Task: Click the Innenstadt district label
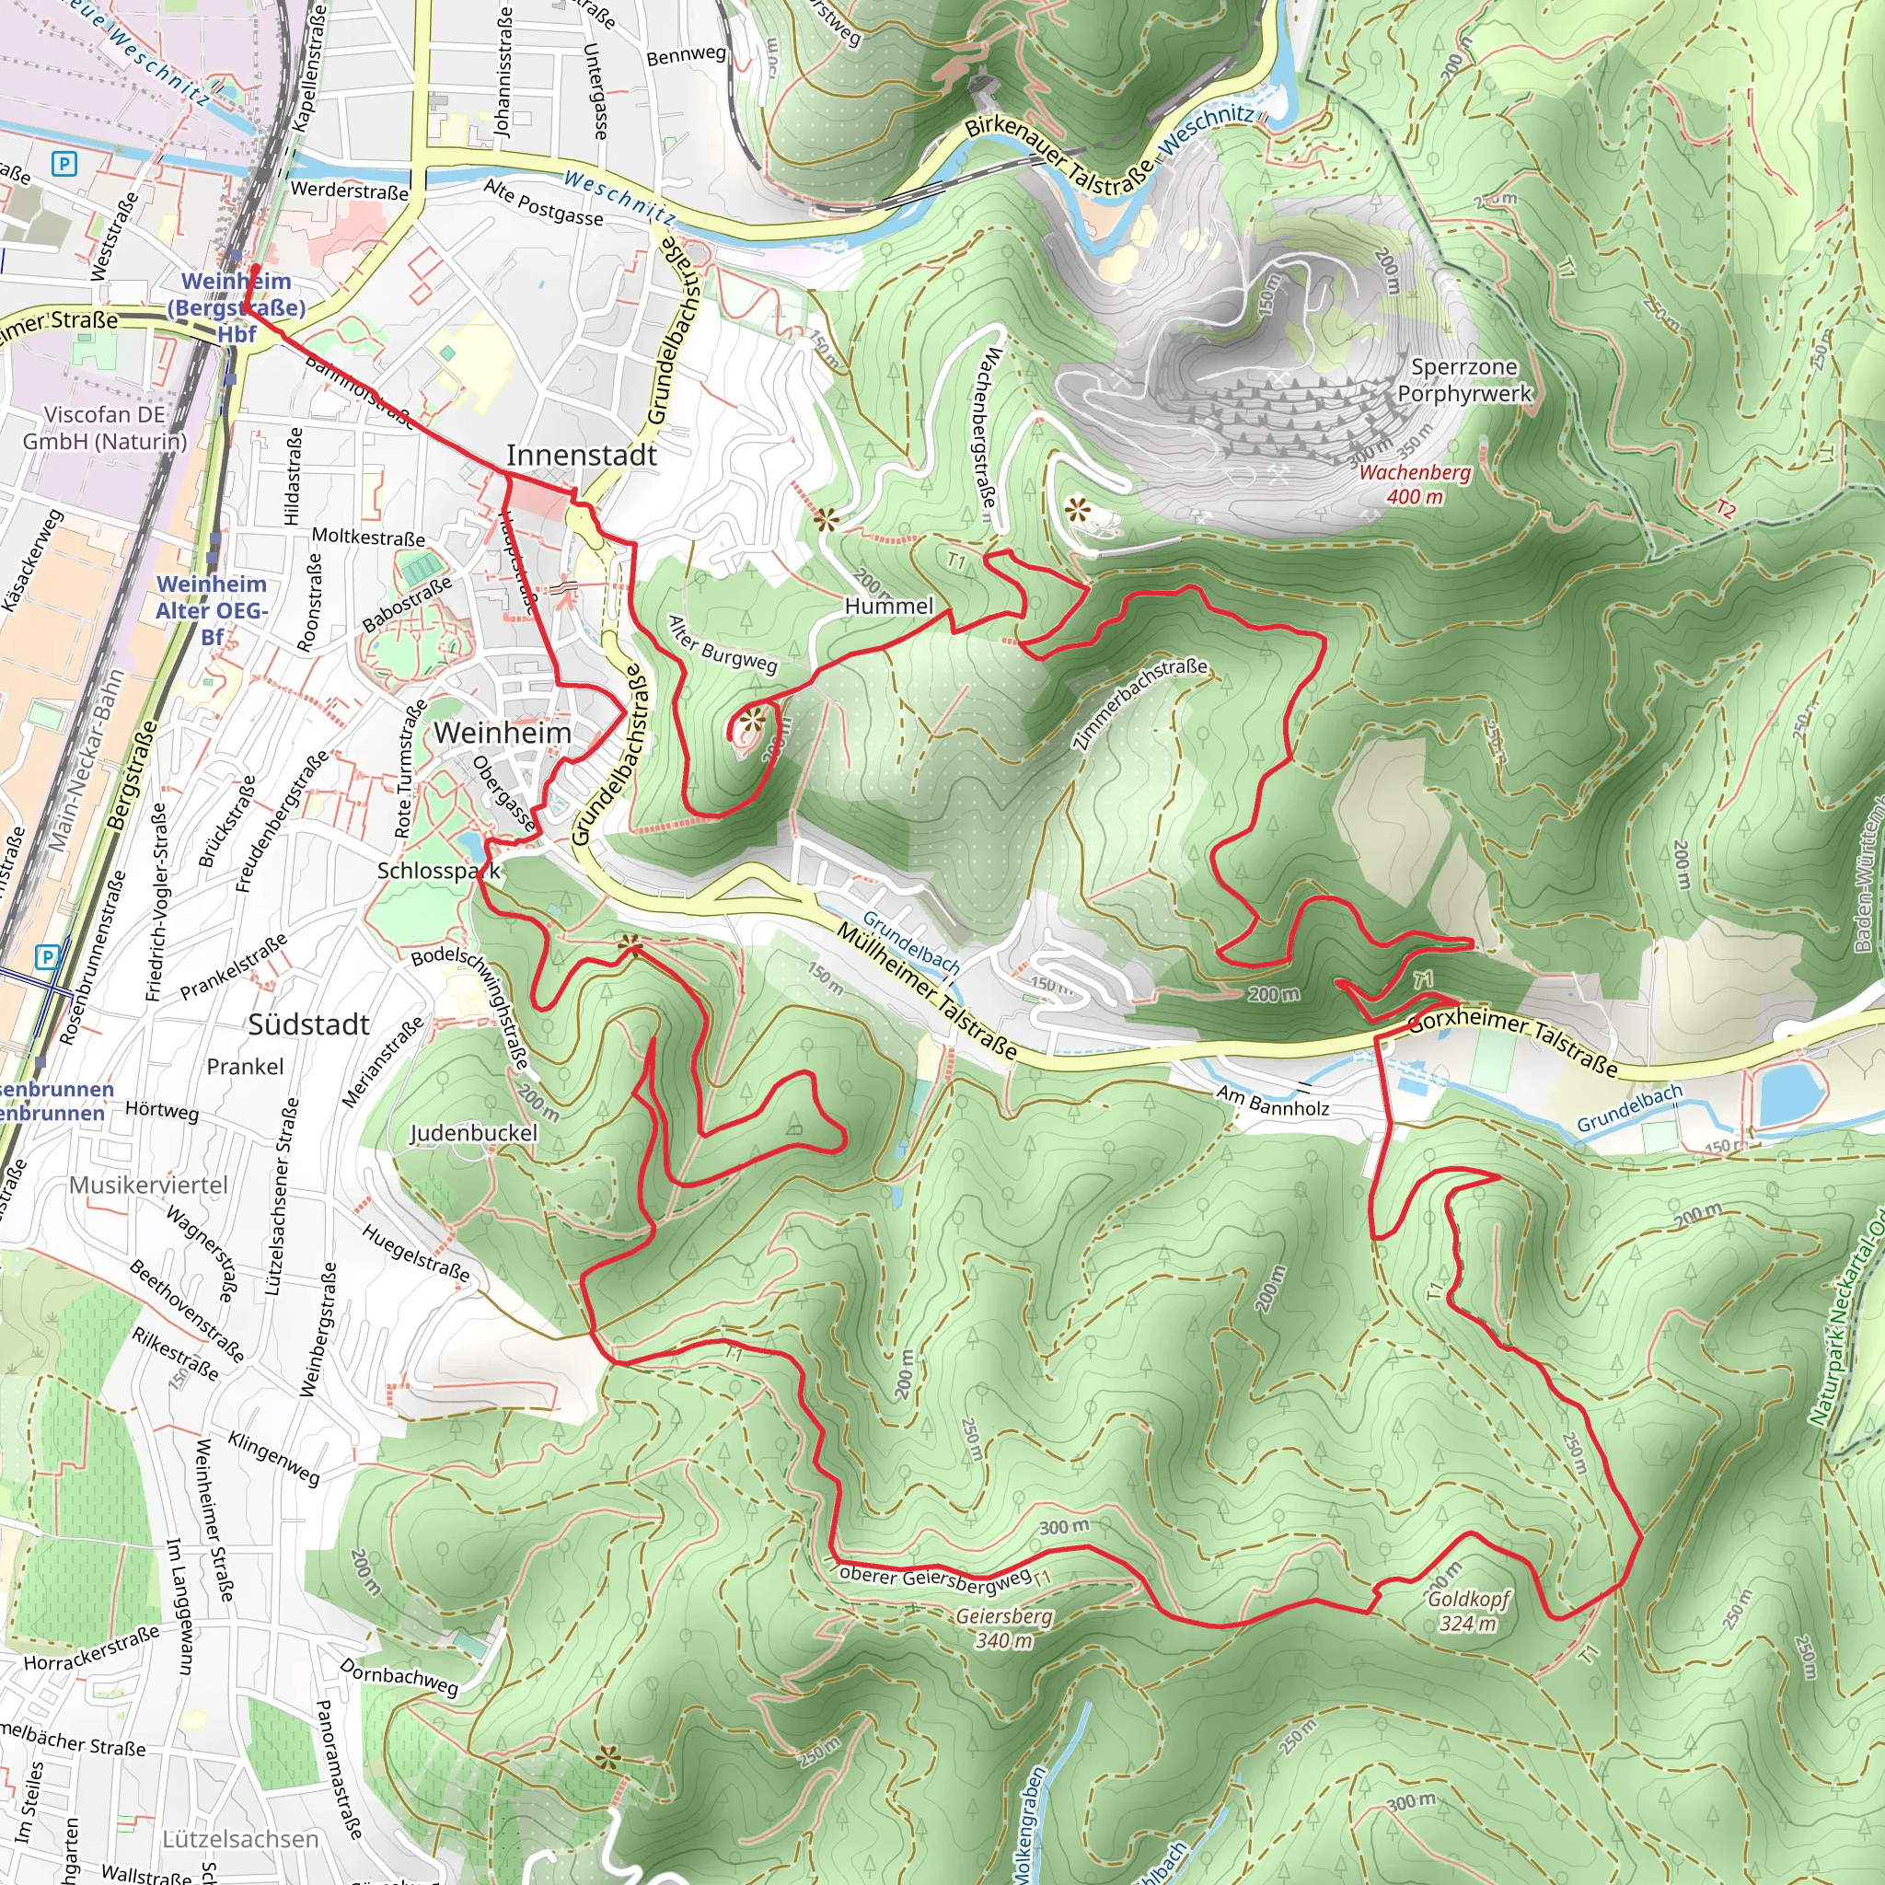point(582,456)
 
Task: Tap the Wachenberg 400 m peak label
point(1415,485)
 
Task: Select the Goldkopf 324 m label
point(1468,1611)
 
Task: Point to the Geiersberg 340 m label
point(1004,1627)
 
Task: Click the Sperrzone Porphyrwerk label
point(1464,380)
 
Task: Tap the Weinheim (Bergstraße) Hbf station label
point(237,307)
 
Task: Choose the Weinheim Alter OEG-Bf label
point(212,610)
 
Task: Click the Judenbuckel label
point(473,1133)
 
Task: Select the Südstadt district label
point(308,1024)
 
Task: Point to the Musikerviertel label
point(148,1185)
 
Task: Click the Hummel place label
point(889,606)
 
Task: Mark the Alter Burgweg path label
point(722,646)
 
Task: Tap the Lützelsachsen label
point(240,1839)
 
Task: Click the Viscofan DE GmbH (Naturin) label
point(104,427)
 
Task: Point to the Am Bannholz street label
point(1272,1101)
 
